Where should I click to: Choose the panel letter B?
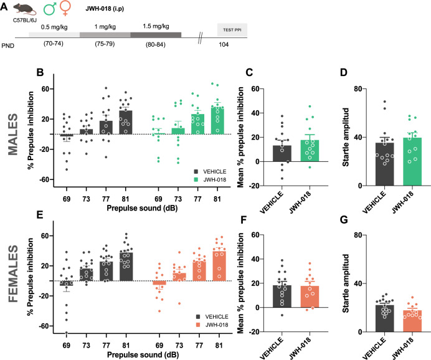[40, 73]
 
